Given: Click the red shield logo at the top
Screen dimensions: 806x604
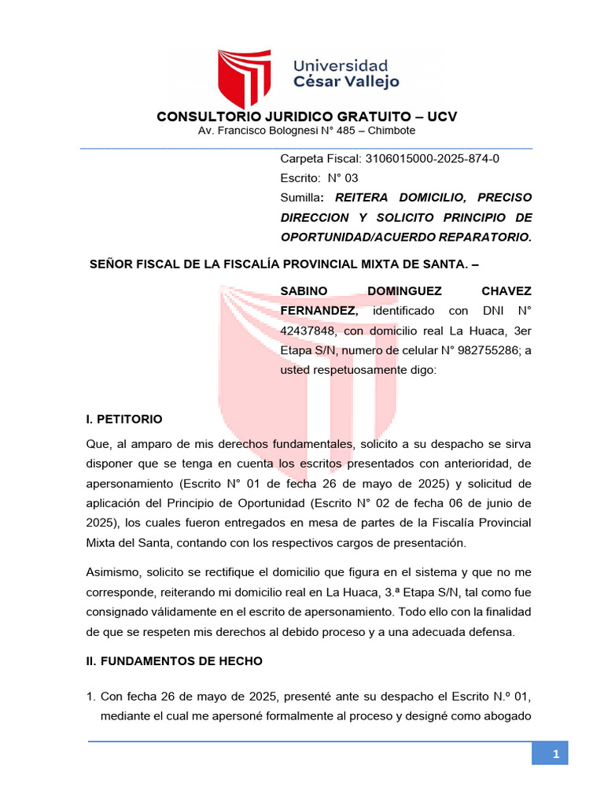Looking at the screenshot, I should pyautogui.click(x=249, y=79).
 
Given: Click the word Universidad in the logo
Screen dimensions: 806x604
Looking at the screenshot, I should pyautogui.click(x=341, y=65).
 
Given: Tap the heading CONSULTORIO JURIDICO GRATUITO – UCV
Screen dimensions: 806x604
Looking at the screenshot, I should pyautogui.click(x=307, y=116).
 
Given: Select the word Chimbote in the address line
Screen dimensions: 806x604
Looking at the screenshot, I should pyautogui.click(x=389, y=131).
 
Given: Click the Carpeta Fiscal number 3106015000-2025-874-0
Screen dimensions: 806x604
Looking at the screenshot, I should pyautogui.click(x=433, y=158).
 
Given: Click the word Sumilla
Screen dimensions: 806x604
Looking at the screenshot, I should pyautogui.click(x=300, y=198).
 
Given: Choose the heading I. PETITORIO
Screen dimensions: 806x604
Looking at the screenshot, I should pyautogui.click(x=124, y=419).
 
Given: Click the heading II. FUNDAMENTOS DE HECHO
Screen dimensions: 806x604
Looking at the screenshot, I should pyautogui.click(x=174, y=661).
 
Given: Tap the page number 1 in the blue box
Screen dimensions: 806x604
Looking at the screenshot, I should pyautogui.click(x=555, y=755).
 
